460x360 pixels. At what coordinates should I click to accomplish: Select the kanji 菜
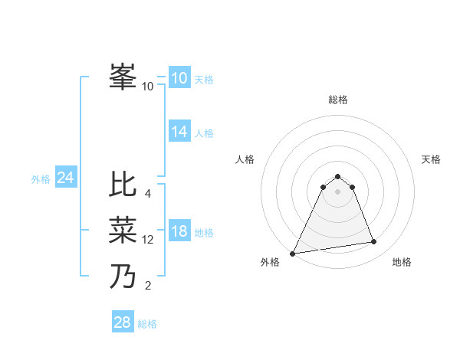[123, 231]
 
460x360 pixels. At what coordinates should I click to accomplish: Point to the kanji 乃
[123, 277]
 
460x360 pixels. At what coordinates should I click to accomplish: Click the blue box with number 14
[179, 132]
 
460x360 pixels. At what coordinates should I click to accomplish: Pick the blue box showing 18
[179, 232]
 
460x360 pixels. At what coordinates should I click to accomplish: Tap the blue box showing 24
[65, 178]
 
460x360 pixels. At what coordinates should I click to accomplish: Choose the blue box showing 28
[122, 322]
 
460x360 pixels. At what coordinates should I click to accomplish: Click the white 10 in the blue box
[179, 78]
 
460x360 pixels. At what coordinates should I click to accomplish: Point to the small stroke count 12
[148, 240]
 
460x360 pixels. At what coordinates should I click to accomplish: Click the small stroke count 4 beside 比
[148, 194]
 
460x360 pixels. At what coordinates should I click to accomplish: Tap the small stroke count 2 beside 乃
[148, 286]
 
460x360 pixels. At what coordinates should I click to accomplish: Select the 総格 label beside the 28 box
[147, 324]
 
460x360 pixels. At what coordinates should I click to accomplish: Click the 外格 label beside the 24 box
[41, 179]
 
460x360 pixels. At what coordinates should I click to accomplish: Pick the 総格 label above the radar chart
[337, 100]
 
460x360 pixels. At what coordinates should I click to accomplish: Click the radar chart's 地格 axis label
[402, 262]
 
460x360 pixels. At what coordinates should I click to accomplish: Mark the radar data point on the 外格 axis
[293, 253]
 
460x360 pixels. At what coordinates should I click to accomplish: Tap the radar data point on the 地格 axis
[374, 242]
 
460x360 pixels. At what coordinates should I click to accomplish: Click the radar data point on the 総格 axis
[337, 176]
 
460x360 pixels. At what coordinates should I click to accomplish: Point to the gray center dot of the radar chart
[337, 191]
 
